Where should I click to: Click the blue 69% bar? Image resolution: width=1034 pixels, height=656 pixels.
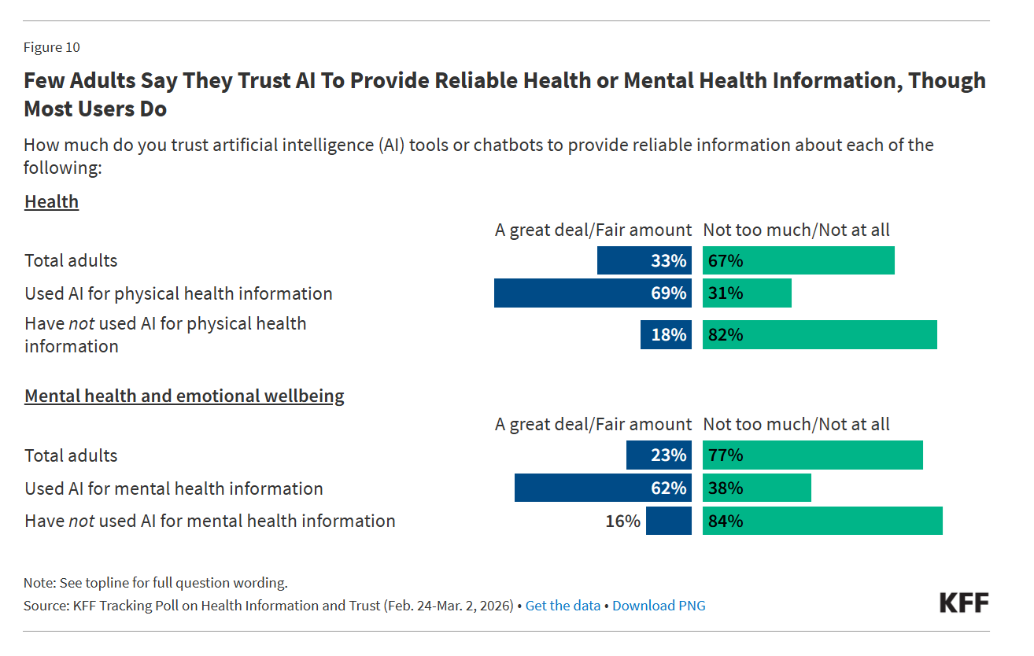point(593,293)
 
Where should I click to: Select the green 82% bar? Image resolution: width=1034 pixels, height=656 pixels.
point(819,334)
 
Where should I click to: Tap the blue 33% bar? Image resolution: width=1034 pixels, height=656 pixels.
point(644,260)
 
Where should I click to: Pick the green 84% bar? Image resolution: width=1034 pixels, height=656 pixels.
point(822,521)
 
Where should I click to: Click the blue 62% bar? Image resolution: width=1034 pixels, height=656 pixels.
point(603,488)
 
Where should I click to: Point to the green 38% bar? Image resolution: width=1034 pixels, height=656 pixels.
point(756,488)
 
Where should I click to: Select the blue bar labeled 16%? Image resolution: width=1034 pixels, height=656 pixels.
point(669,521)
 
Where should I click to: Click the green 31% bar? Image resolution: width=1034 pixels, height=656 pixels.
point(747,293)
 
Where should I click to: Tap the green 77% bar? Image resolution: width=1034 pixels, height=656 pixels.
point(812,455)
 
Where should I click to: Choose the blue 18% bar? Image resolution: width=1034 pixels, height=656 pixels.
point(666,334)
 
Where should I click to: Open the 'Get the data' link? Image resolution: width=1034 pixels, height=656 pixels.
point(563,606)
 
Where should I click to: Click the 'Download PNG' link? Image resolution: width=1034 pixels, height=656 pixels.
point(659,606)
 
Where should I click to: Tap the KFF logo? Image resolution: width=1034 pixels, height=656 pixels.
point(964,603)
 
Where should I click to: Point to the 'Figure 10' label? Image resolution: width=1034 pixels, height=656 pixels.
point(52,47)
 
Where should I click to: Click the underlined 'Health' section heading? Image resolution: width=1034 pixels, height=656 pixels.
point(52,201)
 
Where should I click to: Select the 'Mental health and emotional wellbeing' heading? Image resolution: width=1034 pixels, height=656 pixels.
point(184,396)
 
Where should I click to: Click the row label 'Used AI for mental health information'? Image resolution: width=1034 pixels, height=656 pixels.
point(174,488)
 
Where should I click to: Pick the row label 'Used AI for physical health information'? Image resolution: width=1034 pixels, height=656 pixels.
point(179,293)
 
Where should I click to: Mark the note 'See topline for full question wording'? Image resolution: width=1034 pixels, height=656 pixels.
point(156,583)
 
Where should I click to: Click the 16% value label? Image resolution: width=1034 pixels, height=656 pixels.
point(623,521)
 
